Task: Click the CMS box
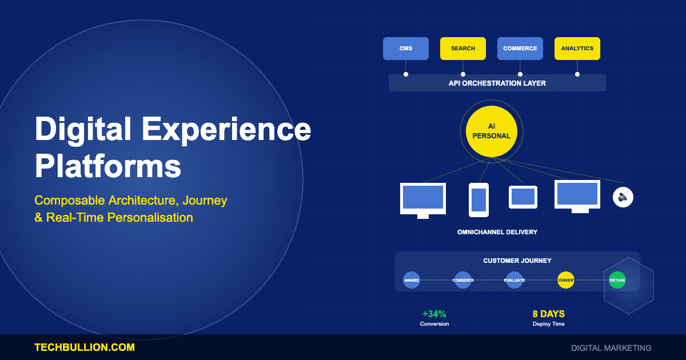405,49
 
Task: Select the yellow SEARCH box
462,49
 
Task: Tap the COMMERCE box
520,49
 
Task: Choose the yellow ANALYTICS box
577,49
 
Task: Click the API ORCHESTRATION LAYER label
497,83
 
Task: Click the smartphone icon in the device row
478,199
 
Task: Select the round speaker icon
623,197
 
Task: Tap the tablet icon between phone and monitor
523,197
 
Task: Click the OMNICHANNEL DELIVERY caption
497,233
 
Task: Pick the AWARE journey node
412,280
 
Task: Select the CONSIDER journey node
462,280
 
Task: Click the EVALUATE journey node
514,280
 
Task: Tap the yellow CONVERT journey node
565,280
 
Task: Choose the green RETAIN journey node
617,280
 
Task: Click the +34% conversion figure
434,314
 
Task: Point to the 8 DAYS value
548,314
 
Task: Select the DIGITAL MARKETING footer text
611,347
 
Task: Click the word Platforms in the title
108,167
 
